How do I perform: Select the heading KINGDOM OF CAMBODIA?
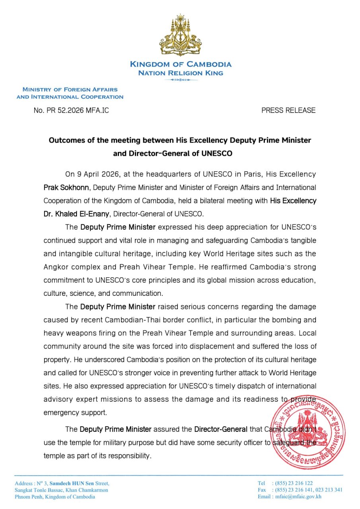click(180, 64)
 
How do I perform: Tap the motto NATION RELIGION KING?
click(180, 73)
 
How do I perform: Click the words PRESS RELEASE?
click(288, 111)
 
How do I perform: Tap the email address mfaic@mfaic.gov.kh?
click(297, 497)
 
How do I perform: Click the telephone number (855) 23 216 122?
click(292, 483)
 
